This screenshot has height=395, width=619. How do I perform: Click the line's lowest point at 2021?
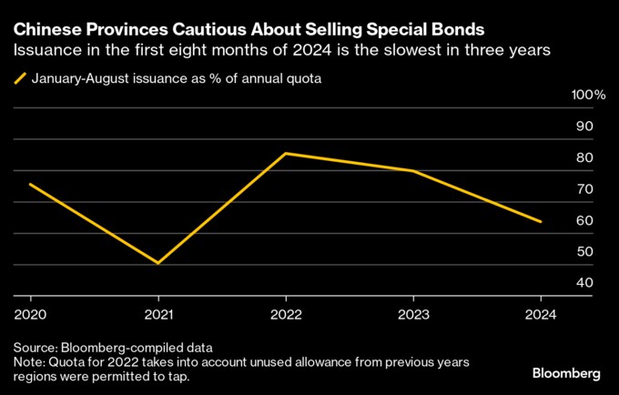click(x=158, y=264)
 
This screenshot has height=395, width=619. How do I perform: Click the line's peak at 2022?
click(x=286, y=153)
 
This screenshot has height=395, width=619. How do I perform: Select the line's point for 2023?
click(x=413, y=171)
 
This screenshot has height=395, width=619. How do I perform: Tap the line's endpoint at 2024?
click(x=541, y=221)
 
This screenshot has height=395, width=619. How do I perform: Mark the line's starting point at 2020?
click(x=31, y=184)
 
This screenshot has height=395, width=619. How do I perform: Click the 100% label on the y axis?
click(x=587, y=96)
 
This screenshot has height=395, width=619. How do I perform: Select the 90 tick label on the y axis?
click(x=584, y=127)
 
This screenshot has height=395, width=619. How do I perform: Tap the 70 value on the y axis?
click(x=584, y=189)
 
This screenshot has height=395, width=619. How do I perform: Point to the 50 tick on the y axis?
click(x=584, y=252)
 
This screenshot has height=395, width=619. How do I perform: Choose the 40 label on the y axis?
click(x=584, y=283)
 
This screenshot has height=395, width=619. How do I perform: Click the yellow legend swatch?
click(x=20, y=79)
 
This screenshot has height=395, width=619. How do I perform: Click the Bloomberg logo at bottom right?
click(x=565, y=373)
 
